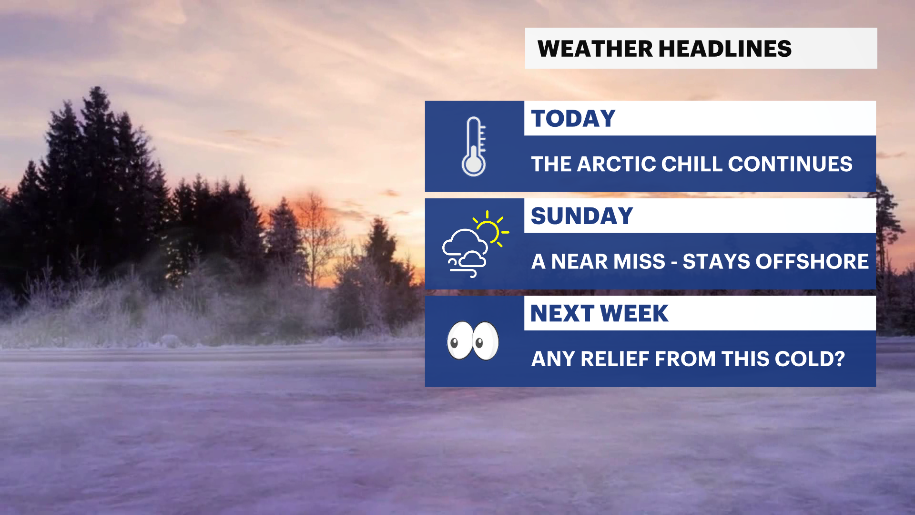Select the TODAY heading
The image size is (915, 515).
click(573, 118)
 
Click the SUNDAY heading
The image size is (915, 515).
click(582, 216)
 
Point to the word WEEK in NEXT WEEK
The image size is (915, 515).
click(634, 313)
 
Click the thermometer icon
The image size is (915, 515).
click(474, 146)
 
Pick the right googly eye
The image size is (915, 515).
click(486, 340)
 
